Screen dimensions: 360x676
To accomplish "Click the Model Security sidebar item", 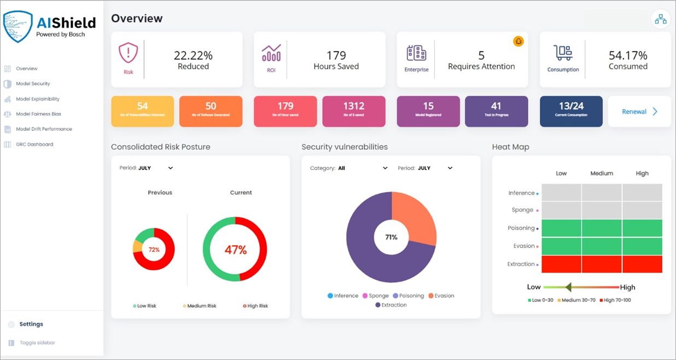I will (x=33, y=84).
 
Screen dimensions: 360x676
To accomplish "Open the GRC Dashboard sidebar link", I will (x=34, y=144).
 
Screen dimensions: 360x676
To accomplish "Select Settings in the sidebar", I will (x=31, y=324).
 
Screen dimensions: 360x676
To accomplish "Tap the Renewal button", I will (x=639, y=112).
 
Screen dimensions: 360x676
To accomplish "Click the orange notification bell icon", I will (x=518, y=41).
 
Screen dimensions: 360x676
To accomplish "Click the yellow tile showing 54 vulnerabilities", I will (x=142, y=111).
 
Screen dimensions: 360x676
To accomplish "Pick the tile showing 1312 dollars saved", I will (x=353, y=111).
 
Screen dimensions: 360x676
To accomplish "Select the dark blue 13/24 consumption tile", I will (x=571, y=111).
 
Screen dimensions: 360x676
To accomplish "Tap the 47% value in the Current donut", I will (x=235, y=249).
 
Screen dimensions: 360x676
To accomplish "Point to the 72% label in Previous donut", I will (x=154, y=249).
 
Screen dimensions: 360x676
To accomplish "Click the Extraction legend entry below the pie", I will (x=391, y=305).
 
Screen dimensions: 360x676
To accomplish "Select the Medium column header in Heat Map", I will (x=602, y=173).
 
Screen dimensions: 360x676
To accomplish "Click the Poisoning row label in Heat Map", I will (x=521, y=228).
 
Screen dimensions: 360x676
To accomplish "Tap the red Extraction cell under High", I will (x=642, y=264).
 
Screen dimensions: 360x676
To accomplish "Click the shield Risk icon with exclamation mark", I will (x=128, y=54).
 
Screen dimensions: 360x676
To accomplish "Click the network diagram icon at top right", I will (x=661, y=19).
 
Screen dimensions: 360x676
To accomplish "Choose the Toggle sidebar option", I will (x=37, y=342).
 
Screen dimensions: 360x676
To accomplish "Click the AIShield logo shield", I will (x=18, y=27).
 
